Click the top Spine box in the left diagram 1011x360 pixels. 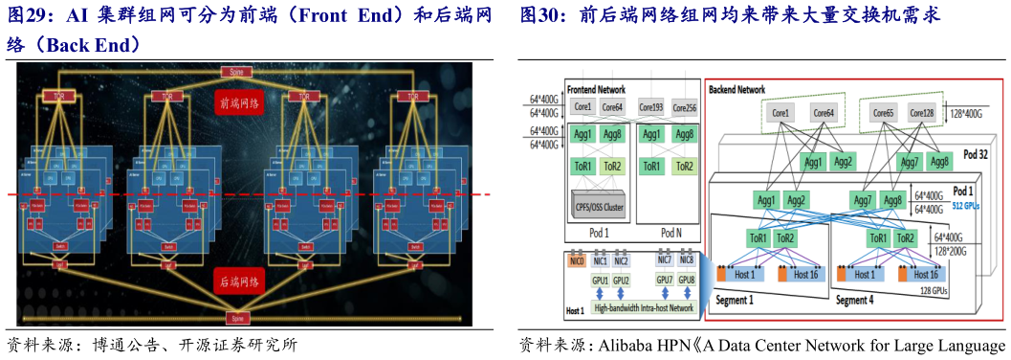point(235,72)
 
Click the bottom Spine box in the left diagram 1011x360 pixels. point(235,315)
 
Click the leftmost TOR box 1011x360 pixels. point(60,96)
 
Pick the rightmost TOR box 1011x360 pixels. point(412,96)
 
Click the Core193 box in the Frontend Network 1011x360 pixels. point(652,107)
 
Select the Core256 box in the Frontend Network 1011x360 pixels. point(684,107)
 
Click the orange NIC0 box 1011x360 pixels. point(576,260)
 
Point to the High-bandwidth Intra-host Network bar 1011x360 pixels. point(642,308)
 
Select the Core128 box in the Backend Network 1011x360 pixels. point(922,113)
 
